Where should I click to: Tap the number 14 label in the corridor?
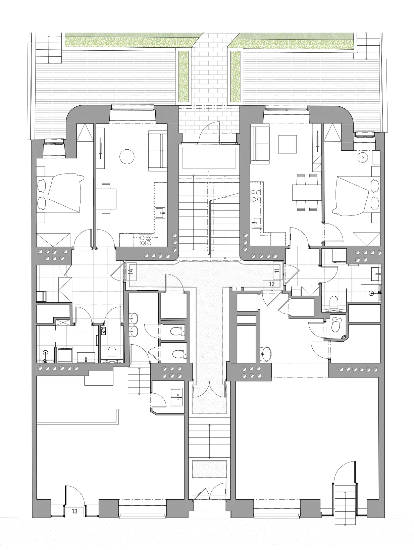point(131,271)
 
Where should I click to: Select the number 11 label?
point(277,270)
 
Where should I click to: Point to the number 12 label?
point(272,284)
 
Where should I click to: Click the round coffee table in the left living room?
point(127,157)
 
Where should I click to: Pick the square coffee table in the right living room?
point(288,144)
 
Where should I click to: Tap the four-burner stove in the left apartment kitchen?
point(146,240)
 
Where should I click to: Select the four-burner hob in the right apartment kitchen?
point(256,196)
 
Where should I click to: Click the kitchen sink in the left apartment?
point(160,213)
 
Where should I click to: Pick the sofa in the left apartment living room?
point(158,151)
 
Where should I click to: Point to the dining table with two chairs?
point(106,199)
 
